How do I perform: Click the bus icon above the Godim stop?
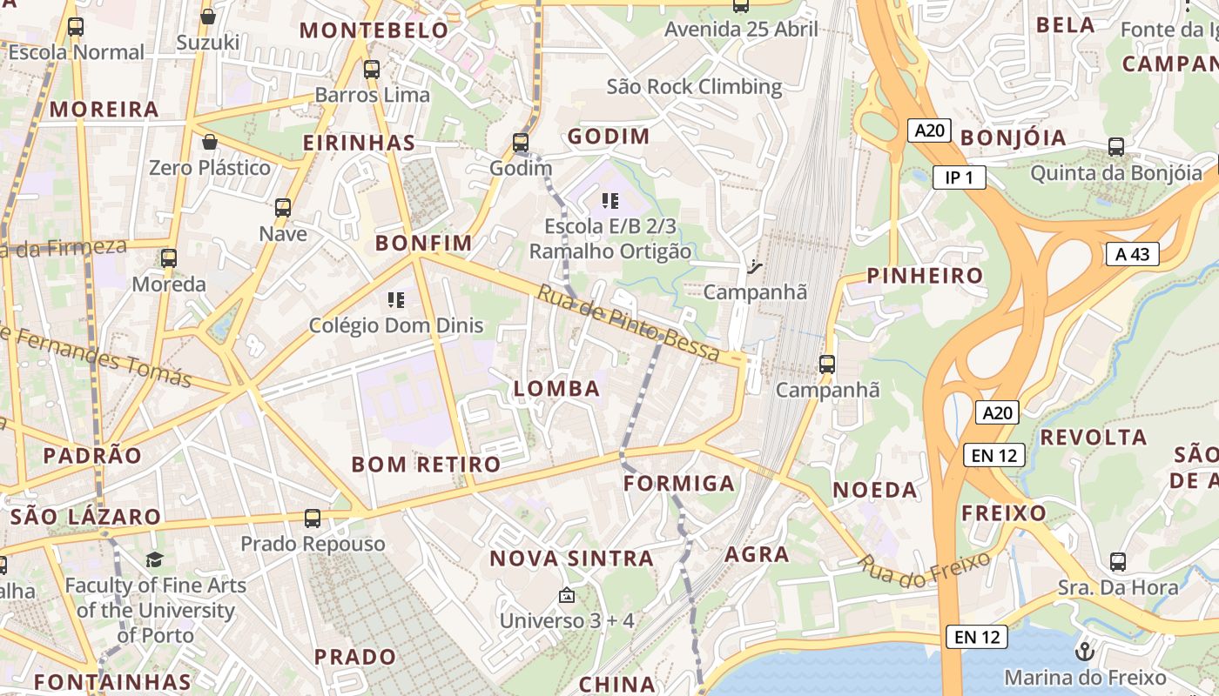pyautogui.click(x=521, y=142)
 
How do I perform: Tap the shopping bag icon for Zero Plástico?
pyautogui.click(x=209, y=142)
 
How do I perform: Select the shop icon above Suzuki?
pyautogui.click(x=208, y=16)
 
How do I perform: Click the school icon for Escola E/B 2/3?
pyautogui.click(x=610, y=201)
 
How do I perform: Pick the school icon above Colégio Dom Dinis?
pyautogui.click(x=396, y=300)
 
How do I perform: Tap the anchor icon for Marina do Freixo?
pyautogui.click(x=1085, y=651)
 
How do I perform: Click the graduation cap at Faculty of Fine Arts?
pyautogui.click(x=154, y=559)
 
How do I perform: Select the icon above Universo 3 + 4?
pyautogui.click(x=567, y=596)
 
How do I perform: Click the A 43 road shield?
pyautogui.click(x=1133, y=254)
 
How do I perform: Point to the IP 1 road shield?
pyautogui.click(x=959, y=177)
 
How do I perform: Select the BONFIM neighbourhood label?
pyautogui.click(x=424, y=243)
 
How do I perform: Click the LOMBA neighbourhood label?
pyautogui.click(x=557, y=389)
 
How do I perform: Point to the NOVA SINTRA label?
pyautogui.click(x=571, y=559)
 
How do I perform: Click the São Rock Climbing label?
pyautogui.click(x=694, y=86)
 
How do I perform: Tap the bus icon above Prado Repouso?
pyautogui.click(x=313, y=519)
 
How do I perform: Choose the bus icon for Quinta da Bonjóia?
pyautogui.click(x=1116, y=147)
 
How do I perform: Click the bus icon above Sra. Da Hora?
pyautogui.click(x=1118, y=562)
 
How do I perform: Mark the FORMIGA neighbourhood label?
pyautogui.click(x=680, y=483)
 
